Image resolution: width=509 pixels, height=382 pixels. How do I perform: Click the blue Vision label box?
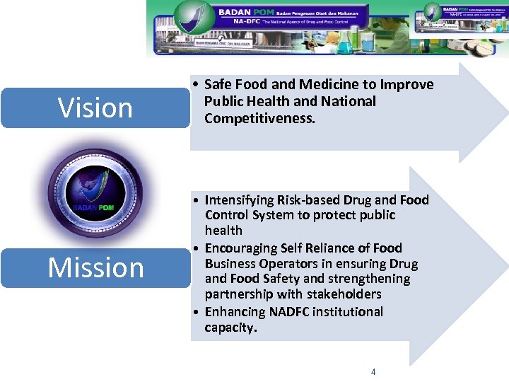click(x=95, y=108)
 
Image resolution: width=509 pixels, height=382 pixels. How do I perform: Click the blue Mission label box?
click(x=95, y=267)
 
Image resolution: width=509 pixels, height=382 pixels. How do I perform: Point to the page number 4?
click(x=373, y=372)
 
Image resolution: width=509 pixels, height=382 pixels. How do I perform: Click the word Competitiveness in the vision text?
click(x=259, y=118)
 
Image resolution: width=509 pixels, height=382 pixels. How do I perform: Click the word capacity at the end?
click(x=230, y=328)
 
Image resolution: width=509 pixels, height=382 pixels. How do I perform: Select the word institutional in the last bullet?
click(x=346, y=312)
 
